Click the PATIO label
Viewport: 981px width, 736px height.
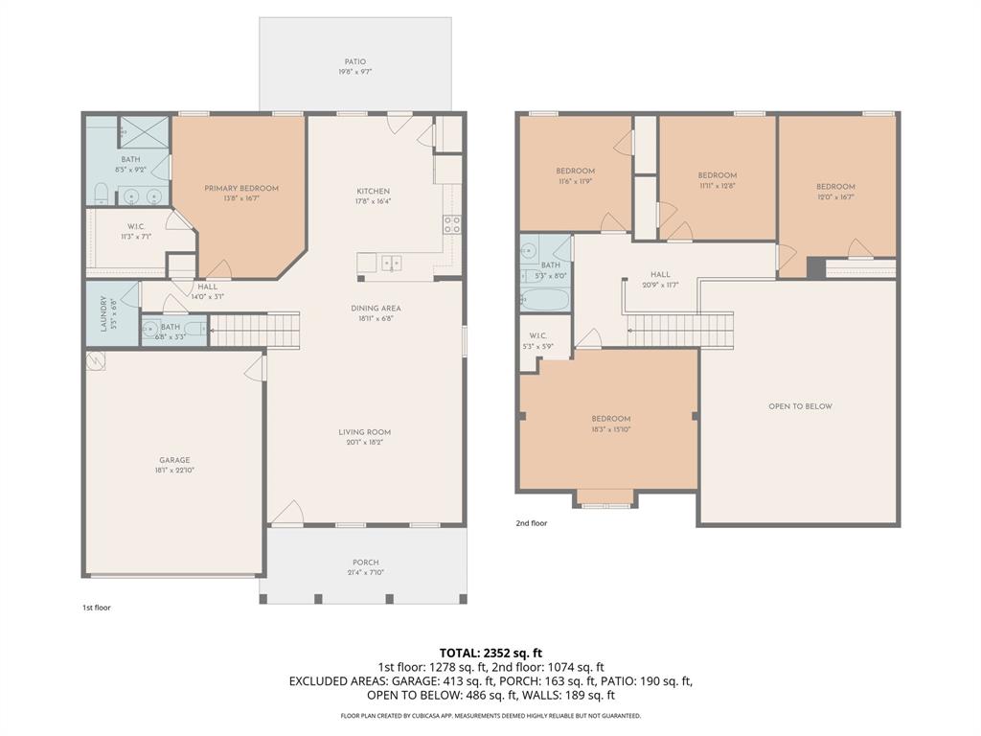pyautogui.click(x=355, y=62)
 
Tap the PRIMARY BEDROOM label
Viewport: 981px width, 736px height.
pyautogui.click(x=241, y=188)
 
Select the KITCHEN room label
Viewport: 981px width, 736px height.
pyautogui.click(x=374, y=192)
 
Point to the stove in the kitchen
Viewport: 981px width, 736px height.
pyautogui.click(x=451, y=225)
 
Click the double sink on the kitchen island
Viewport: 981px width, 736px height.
pyautogui.click(x=390, y=262)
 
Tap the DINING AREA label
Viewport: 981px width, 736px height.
pyautogui.click(x=376, y=309)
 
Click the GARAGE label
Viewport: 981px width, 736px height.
pyautogui.click(x=174, y=460)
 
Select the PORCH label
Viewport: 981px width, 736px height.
pyautogui.click(x=365, y=563)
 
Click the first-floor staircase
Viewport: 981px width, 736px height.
pyautogui.click(x=255, y=331)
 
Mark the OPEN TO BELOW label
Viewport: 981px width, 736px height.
pyautogui.click(x=800, y=406)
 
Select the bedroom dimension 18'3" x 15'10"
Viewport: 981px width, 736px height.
pyautogui.click(x=610, y=429)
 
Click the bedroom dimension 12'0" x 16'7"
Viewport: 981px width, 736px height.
pyautogui.click(x=835, y=197)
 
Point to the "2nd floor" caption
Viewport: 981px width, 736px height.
pyautogui.click(x=531, y=523)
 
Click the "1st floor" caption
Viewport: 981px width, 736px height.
pyautogui.click(x=96, y=608)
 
